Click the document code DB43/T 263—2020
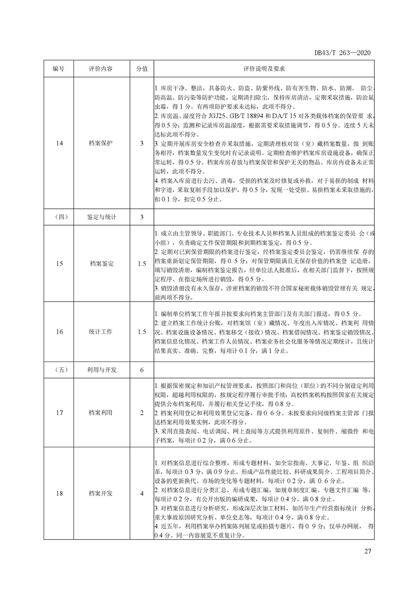(x=344, y=53)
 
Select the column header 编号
(x=58, y=69)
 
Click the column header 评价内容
(x=101, y=69)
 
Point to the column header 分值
(x=141, y=69)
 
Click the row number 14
(x=58, y=143)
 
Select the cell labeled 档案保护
(x=101, y=143)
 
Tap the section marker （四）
(x=58, y=217)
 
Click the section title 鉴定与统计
(x=101, y=217)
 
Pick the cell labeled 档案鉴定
(x=101, y=263)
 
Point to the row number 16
(x=58, y=331)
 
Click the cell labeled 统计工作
(x=101, y=331)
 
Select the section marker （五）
(x=58, y=370)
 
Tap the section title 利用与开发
(x=101, y=370)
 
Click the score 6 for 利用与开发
(x=141, y=370)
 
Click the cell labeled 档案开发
(x=101, y=493)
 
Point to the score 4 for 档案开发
(x=141, y=493)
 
